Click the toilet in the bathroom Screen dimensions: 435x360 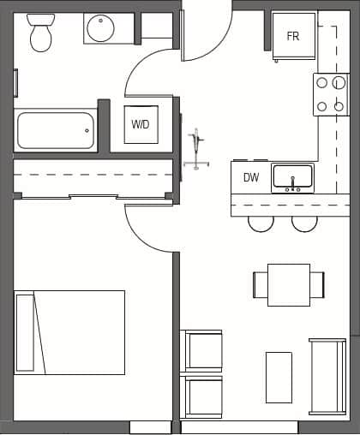40,32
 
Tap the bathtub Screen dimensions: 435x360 55,131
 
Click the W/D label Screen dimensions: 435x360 140,125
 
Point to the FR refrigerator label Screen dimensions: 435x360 293,37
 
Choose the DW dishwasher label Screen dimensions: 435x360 251,178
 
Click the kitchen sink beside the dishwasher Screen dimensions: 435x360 292,178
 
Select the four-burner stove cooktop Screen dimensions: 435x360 330,95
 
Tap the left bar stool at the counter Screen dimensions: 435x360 261,223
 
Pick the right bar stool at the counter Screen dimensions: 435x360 304,223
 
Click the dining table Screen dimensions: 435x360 289,284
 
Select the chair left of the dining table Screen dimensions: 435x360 261,284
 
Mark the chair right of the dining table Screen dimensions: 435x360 317,284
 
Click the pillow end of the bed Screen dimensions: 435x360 26,332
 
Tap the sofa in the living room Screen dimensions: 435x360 327,377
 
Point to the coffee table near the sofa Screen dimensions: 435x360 279,377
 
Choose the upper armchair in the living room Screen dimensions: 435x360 203,350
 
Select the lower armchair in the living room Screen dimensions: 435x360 203,396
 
